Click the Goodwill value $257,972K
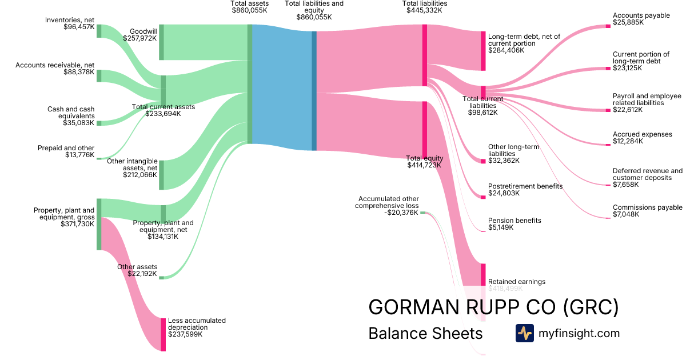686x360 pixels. [x=139, y=38]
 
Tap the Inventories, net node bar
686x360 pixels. [x=99, y=31]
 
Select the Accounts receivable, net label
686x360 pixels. [x=55, y=65]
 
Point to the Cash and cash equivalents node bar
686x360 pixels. [x=99, y=123]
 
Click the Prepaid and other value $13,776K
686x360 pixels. [x=79, y=154]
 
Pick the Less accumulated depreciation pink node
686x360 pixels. [x=163, y=334]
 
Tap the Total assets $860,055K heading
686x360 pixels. [x=249, y=7]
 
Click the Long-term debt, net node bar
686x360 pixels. [x=483, y=51]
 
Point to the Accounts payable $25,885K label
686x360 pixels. [x=641, y=19]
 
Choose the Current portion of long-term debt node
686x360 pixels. [x=608, y=69]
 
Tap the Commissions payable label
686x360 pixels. [x=647, y=207]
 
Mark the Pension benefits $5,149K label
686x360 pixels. [x=514, y=223]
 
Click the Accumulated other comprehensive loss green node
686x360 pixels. [x=422, y=213]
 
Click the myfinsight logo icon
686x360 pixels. [x=524, y=333]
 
